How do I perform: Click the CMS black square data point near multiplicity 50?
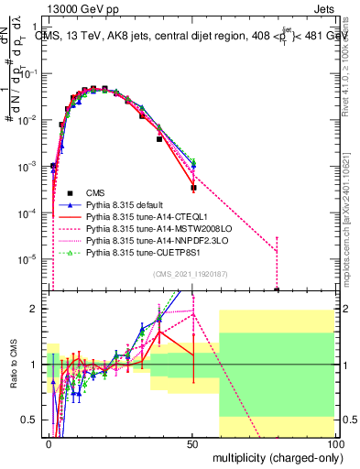(193, 188)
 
